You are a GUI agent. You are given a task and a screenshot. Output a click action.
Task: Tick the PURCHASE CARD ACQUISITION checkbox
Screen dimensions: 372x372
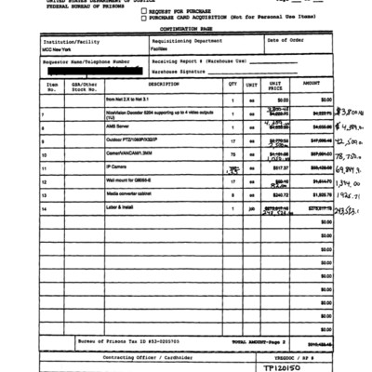tap(143, 17)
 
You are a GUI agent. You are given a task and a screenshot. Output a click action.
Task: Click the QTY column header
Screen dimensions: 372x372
tap(232, 84)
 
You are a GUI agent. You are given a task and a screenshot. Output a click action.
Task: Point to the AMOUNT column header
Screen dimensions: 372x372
tap(312, 84)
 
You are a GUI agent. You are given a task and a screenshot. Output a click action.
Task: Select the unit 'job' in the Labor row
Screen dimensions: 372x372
tap(251, 209)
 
